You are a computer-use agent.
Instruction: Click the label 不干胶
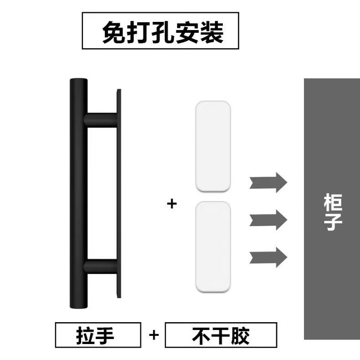(x=221, y=336)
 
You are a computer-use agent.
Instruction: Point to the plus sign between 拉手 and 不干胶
(x=154, y=336)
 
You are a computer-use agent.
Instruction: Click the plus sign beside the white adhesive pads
(x=171, y=204)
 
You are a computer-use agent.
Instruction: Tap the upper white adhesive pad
(x=212, y=146)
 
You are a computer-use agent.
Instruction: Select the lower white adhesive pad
(x=212, y=247)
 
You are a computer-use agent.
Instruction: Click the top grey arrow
(x=268, y=183)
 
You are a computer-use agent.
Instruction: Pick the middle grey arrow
(x=268, y=220)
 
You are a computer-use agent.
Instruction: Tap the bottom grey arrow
(x=268, y=256)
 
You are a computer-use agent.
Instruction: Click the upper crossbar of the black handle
(x=101, y=119)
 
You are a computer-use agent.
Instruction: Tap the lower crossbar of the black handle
(x=101, y=266)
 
